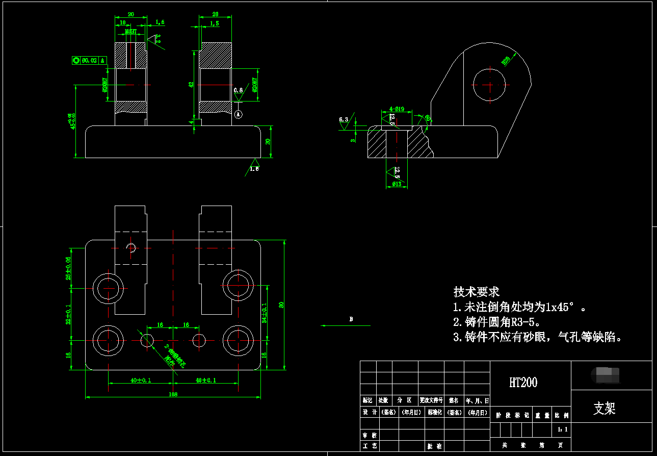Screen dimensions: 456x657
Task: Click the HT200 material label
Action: [523, 383]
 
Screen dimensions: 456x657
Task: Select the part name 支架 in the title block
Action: [605, 408]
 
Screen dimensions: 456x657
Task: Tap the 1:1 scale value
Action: [562, 429]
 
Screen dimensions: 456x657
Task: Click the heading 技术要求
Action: [477, 292]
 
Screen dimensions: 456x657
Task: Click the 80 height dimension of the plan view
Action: [281, 305]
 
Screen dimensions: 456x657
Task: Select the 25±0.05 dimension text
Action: [68, 268]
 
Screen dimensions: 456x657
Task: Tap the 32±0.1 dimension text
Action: [68, 314]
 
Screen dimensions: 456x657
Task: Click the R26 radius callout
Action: [506, 61]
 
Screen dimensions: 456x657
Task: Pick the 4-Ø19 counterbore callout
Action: [397, 109]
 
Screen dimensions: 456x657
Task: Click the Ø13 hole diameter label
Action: [397, 184]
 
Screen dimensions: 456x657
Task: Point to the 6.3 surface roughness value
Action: [344, 120]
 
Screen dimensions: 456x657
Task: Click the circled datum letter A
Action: [238, 115]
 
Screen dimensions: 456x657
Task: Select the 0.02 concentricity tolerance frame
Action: [89, 60]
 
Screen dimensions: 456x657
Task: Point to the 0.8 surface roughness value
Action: [238, 90]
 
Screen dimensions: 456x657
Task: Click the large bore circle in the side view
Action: [489, 84]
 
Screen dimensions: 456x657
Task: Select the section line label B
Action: [351, 319]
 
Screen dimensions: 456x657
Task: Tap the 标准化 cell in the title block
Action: [434, 412]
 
